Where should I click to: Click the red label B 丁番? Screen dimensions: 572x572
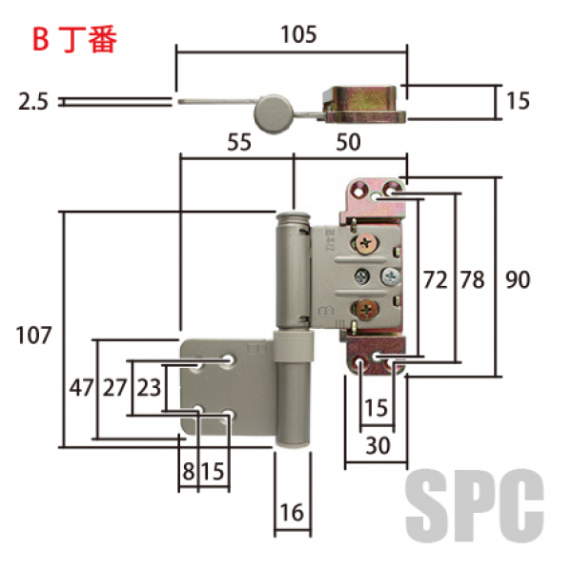tap(73, 40)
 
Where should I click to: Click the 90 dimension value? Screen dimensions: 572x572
tap(518, 279)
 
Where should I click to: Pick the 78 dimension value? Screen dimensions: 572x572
tap(472, 279)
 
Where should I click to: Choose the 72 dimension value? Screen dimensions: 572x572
tap(435, 279)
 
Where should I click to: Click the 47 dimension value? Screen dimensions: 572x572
tap(80, 388)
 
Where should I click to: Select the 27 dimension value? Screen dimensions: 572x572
tap(115, 388)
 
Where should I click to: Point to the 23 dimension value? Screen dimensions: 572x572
tap(149, 388)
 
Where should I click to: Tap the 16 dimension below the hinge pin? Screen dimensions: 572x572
tap(292, 513)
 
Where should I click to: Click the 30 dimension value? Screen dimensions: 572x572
tap(378, 444)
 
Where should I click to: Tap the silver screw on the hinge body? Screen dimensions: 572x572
tap(391, 276)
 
